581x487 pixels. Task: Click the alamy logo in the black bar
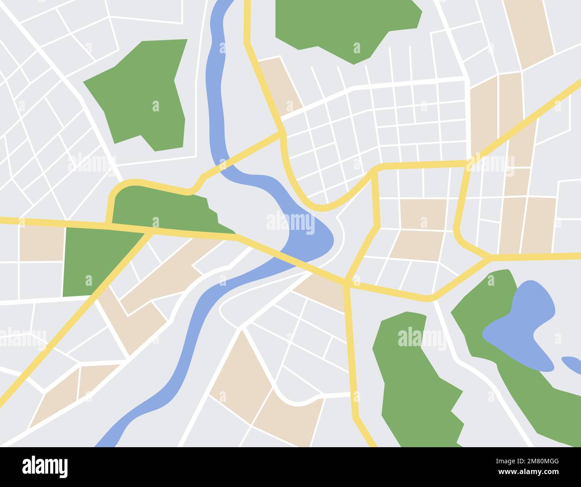pyautogui.click(x=45, y=466)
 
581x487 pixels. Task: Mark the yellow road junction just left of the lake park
pyautogui.click(x=488, y=258)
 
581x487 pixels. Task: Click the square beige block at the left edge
pyautogui.click(x=42, y=244)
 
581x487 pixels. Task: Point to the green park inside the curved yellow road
pyautogui.click(x=165, y=206)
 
